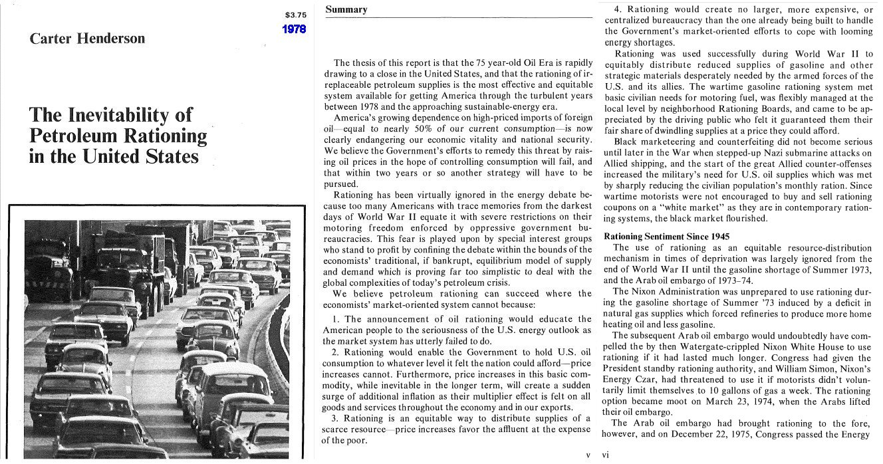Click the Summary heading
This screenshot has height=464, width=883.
pos(346,9)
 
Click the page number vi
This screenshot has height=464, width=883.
pos(606,455)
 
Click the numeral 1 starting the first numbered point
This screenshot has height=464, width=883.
pos(335,319)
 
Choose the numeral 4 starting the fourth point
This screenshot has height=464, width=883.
pos(617,9)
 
